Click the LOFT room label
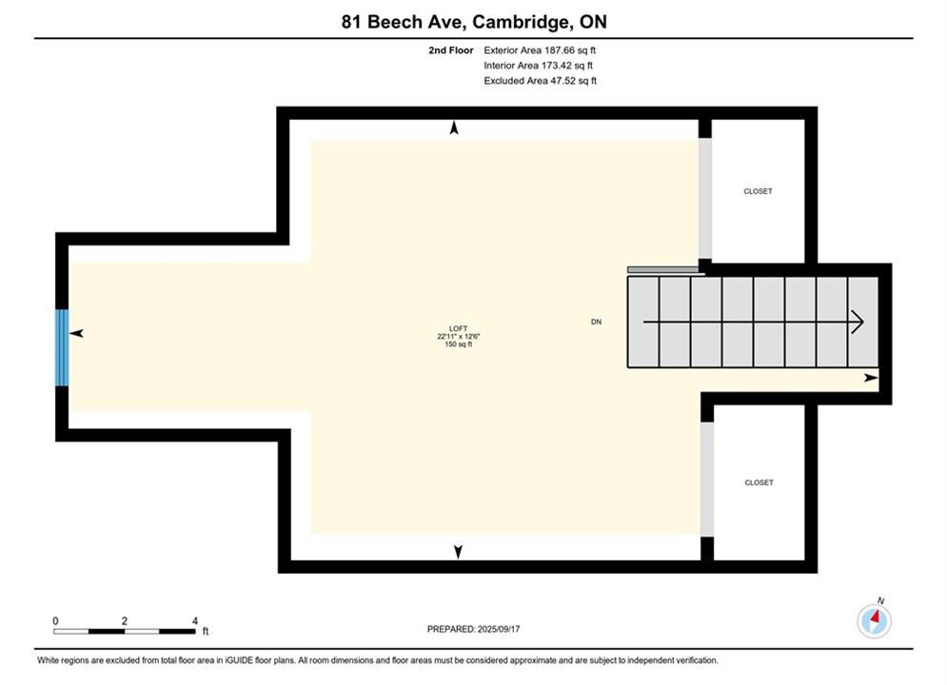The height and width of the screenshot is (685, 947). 459,328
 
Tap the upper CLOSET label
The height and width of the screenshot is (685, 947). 758,191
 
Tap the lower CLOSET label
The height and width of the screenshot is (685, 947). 760,482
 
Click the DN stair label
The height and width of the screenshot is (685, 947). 596,322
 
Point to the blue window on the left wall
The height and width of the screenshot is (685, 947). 62,347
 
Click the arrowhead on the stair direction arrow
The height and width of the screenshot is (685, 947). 858,322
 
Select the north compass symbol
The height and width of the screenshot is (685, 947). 874,619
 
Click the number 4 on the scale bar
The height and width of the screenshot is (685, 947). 194,620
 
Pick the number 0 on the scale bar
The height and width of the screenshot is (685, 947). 55,620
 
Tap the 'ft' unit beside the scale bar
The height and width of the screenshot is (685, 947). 206,632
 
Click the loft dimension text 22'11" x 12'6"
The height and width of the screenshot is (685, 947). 459,336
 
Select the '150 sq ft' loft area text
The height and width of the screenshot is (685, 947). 459,344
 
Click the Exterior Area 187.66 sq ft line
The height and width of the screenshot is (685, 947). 540,50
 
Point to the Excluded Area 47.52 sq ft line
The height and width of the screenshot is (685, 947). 540,80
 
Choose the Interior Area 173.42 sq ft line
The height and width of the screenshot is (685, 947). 538,66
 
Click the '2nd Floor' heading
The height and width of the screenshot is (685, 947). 450,50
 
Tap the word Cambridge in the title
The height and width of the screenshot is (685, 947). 522,22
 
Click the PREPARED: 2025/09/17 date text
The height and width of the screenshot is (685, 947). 474,629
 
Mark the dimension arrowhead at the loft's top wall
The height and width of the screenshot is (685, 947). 454,127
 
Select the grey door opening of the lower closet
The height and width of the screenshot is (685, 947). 707,479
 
